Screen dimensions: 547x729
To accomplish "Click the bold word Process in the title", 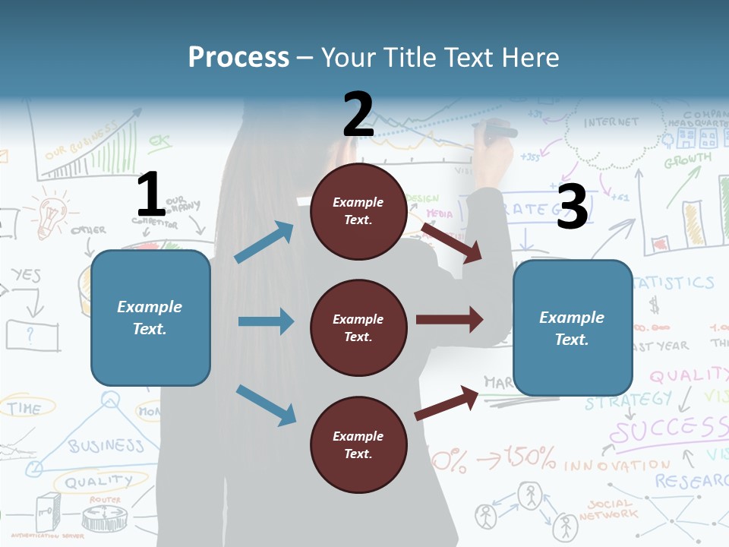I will click(238, 57).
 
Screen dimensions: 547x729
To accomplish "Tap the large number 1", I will click(151, 194).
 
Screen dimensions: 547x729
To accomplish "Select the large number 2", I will click(358, 114).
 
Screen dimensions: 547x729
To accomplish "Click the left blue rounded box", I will click(150, 318).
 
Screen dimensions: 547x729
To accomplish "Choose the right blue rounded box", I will click(573, 327).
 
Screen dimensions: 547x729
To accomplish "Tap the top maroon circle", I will click(358, 211).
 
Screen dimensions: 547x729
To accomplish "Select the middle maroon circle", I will click(358, 327).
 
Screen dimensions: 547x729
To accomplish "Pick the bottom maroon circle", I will click(358, 444).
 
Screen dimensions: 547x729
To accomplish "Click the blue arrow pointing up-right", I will click(265, 242).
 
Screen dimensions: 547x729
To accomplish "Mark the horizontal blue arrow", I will click(266, 321).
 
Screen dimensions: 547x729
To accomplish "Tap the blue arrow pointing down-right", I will click(266, 405).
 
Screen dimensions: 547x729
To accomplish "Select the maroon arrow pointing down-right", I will click(452, 242).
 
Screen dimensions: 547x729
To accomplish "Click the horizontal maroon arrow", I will click(449, 319).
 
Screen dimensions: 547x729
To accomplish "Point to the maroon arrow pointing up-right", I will click(447, 403).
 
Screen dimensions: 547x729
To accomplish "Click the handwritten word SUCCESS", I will click(668, 431).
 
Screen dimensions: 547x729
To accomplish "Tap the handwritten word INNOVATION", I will click(617, 464).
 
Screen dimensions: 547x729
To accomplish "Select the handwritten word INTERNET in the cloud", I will click(611, 122).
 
